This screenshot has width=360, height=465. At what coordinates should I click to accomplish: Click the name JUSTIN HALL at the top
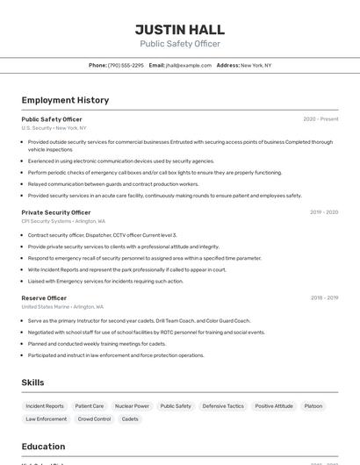(180, 30)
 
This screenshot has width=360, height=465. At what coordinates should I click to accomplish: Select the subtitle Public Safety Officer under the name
(180, 44)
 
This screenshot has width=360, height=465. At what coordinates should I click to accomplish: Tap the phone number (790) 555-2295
(126, 65)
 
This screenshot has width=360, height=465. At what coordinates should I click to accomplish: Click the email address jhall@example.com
(189, 65)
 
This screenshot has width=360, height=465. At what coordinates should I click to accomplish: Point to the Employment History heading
(65, 100)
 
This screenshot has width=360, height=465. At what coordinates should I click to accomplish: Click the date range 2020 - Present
(320, 119)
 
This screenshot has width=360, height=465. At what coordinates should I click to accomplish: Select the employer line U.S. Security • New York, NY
(54, 128)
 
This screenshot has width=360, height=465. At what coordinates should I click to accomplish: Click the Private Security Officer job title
(56, 212)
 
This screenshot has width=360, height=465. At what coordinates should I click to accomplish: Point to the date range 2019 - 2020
(324, 212)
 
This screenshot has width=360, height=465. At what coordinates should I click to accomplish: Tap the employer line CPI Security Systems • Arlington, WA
(63, 221)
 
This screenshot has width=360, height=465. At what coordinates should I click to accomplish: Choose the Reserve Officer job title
(44, 298)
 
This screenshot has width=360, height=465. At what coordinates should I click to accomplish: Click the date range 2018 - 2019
(324, 298)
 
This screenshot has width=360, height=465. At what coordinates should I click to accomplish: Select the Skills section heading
(32, 383)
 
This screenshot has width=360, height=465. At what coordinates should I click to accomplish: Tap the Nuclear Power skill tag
(132, 406)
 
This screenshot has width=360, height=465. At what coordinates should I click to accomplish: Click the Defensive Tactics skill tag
(223, 406)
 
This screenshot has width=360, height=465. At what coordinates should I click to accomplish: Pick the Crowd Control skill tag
(94, 419)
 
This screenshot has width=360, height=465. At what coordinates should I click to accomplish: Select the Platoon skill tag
(313, 406)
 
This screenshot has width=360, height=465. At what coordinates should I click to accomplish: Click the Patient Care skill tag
(90, 406)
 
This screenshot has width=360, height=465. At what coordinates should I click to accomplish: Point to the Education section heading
(43, 447)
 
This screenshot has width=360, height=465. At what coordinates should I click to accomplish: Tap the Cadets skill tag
(130, 419)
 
